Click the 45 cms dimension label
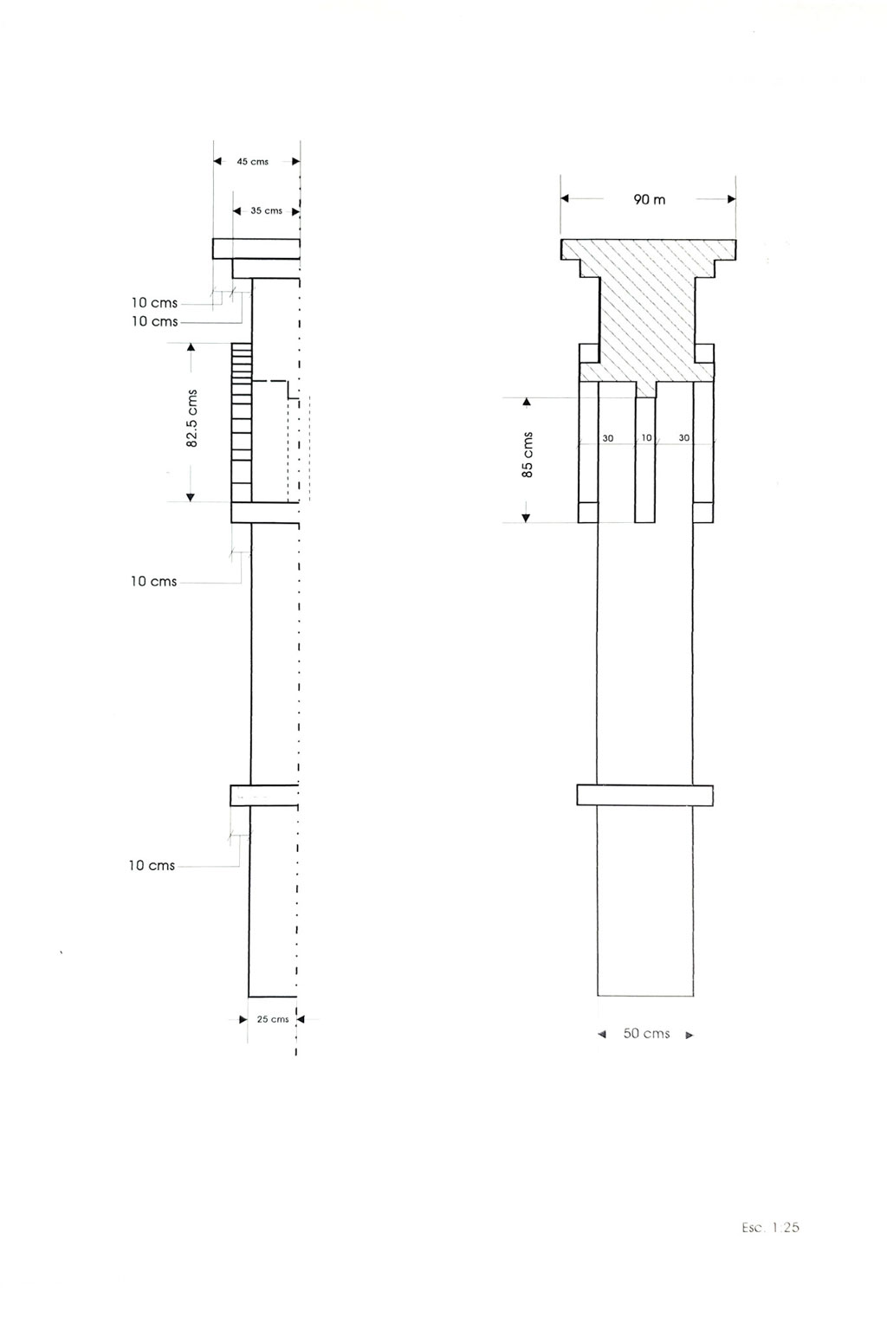(252, 162)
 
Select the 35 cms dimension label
(266, 210)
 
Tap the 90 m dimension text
(650, 199)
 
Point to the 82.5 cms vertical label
(192, 418)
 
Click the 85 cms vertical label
(527, 455)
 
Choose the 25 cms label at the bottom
(273, 1019)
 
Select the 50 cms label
(646, 1034)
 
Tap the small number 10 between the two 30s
(646, 437)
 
